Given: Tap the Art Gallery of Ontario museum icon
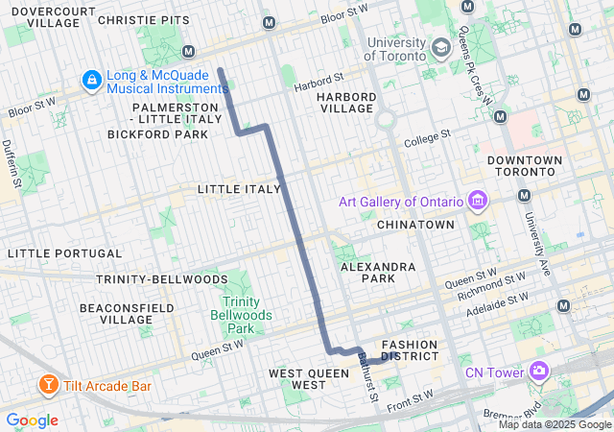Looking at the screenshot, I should pyautogui.click(x=477, y=202).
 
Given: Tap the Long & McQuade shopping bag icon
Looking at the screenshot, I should pyautogui.click(x=92, y=79).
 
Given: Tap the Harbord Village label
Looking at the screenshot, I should pyautogui.click(x=344, y=102).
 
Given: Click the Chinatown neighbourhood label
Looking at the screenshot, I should pyautogui.click(x=415, y=225).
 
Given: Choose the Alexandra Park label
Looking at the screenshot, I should pyautogui.click(x=381, y=273).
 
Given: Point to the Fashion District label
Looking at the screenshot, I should pyautogui.click(x=410, y=349).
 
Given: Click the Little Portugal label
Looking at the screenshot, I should pyautogui.click(x=64, y=253).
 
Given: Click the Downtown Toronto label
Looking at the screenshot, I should pyautogui.click(x=527, y=165).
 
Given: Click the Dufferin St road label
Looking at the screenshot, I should pyautogui.click(x=14, y=161).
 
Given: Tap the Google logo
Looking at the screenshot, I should pyautogui.click(x=32, y=420).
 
